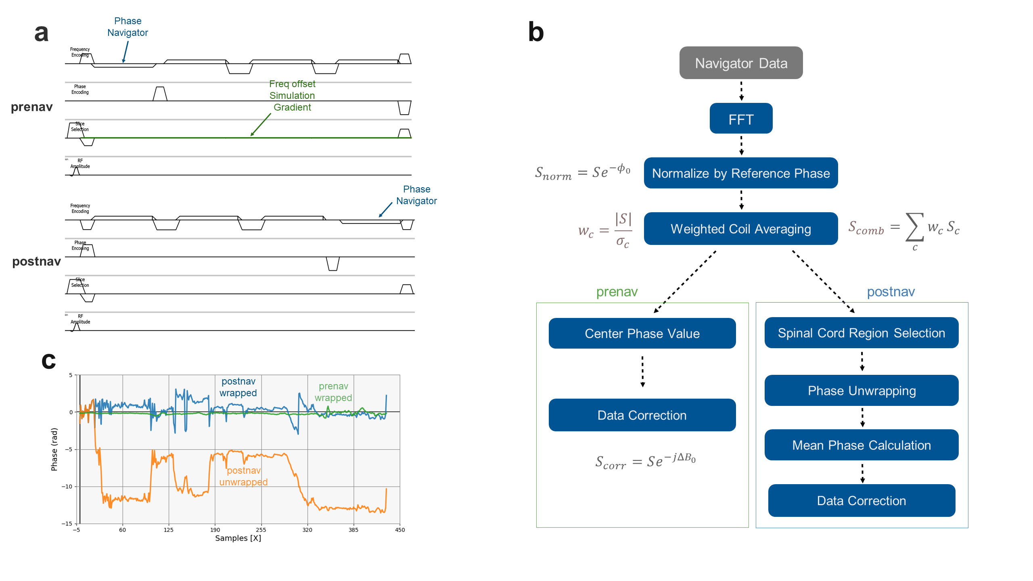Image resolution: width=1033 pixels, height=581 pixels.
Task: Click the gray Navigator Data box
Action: click(741, 63)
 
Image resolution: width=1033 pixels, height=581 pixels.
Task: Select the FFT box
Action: click(741, 119)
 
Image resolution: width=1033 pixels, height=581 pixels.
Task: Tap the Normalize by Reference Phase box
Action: click(741, 173)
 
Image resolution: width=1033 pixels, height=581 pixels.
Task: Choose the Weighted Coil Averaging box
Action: click(741, 229)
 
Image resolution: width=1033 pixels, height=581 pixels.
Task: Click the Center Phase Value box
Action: click(642, 333)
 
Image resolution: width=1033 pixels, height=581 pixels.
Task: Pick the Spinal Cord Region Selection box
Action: click(862, 333)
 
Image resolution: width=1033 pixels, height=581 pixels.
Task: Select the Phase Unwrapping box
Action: click(862, 391)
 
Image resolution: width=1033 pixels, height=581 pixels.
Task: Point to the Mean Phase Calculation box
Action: click(862, 445)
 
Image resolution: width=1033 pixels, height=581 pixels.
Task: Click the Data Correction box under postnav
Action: click(862, 501)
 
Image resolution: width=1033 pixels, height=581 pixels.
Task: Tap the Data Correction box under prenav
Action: click(642, 415)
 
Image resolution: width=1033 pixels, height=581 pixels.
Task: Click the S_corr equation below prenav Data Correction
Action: click(646, 461)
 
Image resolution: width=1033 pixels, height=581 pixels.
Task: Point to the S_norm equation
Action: click(583, 172)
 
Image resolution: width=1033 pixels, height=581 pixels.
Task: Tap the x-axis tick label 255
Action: click(261, 530)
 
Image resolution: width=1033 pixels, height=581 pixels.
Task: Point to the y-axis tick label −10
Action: click(67, 487)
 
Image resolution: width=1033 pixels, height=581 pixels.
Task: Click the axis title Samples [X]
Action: click(238, 538)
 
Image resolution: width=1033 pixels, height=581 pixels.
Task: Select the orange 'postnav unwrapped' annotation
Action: click(243, 477)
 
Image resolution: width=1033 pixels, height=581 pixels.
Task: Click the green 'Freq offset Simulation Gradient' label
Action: click(292, 96)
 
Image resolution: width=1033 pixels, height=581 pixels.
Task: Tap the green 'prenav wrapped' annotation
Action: click(333, 392)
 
